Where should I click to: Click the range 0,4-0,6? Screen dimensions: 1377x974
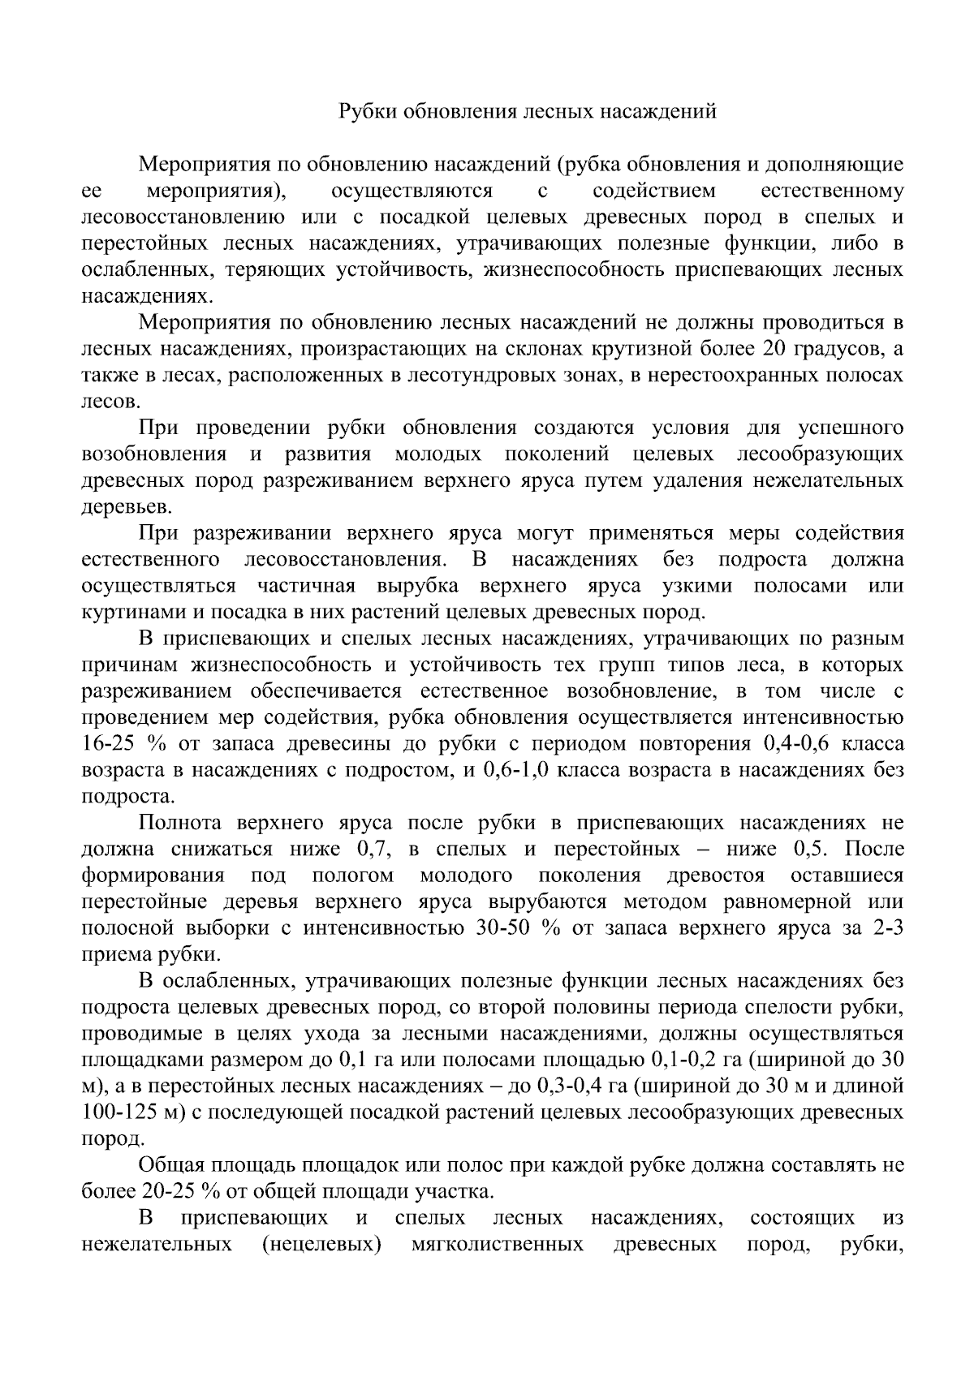pyautogui.click(x=794, y=744)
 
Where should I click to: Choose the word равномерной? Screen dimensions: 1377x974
pyautogui.click(x=782, y=902)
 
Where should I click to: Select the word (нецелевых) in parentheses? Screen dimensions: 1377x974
pyautogui.click(x=321, y=1244)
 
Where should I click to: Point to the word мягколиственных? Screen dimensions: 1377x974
pyautogui.click(x=498, y=1244)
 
